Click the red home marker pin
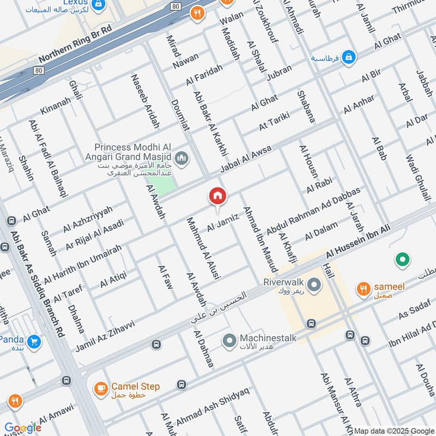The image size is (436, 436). tap(217, 197)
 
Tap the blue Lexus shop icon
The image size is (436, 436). tap(99, 4)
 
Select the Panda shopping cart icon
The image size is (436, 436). tap(34, 342)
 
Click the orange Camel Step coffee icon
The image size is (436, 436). tap(100, 387)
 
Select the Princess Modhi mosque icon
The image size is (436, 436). tap(182, 159)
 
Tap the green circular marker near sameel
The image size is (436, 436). tap(402, 260)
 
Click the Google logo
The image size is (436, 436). tap(23, 428)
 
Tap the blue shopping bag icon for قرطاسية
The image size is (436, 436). tap(349, 57)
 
